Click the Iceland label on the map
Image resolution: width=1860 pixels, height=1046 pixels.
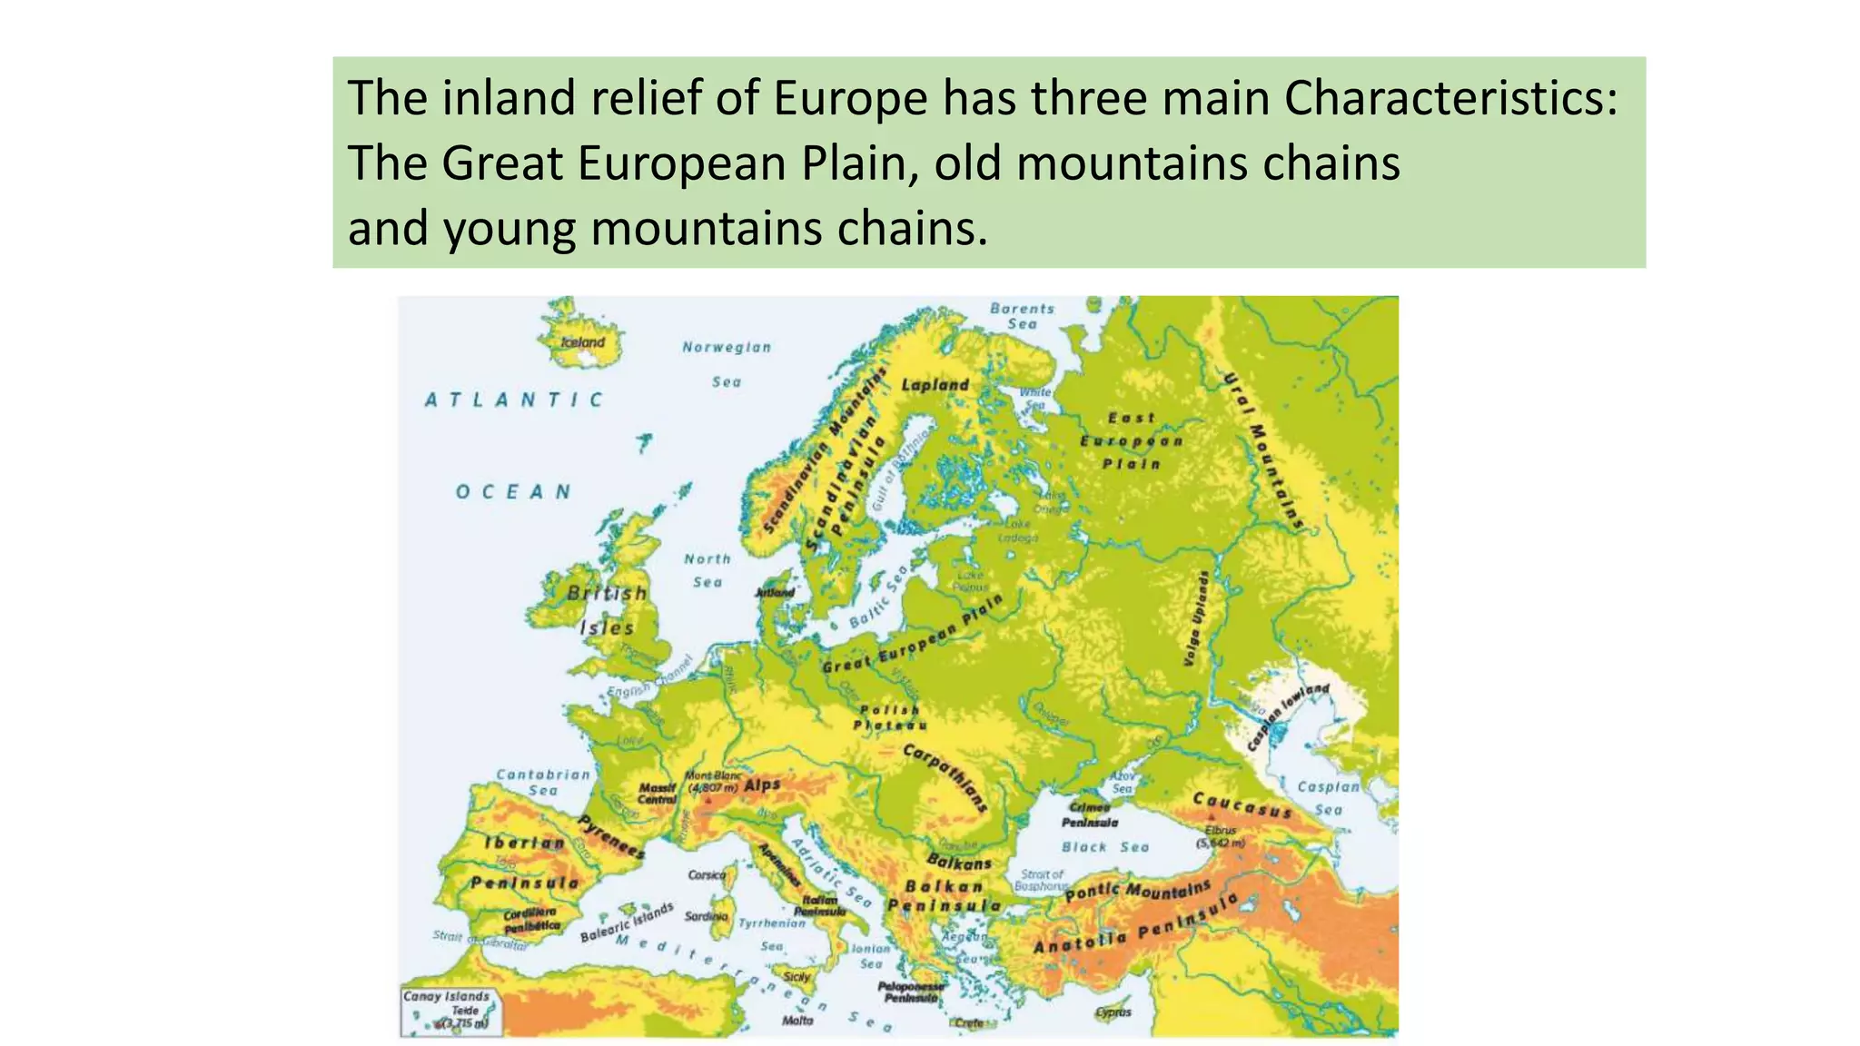tap(582, 342)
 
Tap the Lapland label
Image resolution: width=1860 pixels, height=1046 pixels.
tap(935, 385)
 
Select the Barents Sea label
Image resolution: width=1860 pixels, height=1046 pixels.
tap(1022, 316)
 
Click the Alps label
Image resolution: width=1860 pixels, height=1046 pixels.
tap(762, 785)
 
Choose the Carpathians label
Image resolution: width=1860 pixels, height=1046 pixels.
tap(945, 776)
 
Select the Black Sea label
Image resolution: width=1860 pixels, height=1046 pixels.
tap(1105, 847)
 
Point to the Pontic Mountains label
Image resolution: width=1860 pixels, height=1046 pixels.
tap(1137, 891)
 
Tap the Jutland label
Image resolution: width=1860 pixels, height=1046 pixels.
tap(775, 593)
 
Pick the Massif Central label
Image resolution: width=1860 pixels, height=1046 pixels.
tap(658, 794)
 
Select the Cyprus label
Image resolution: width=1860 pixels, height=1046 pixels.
tap(1113, 1011)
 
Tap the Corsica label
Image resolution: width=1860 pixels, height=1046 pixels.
tap(707, 875)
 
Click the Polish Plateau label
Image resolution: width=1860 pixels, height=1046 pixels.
tap(890, 717)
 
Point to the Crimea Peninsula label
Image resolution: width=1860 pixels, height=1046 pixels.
tap(1089, 814)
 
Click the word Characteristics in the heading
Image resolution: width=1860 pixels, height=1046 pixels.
tap(1450, 98)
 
